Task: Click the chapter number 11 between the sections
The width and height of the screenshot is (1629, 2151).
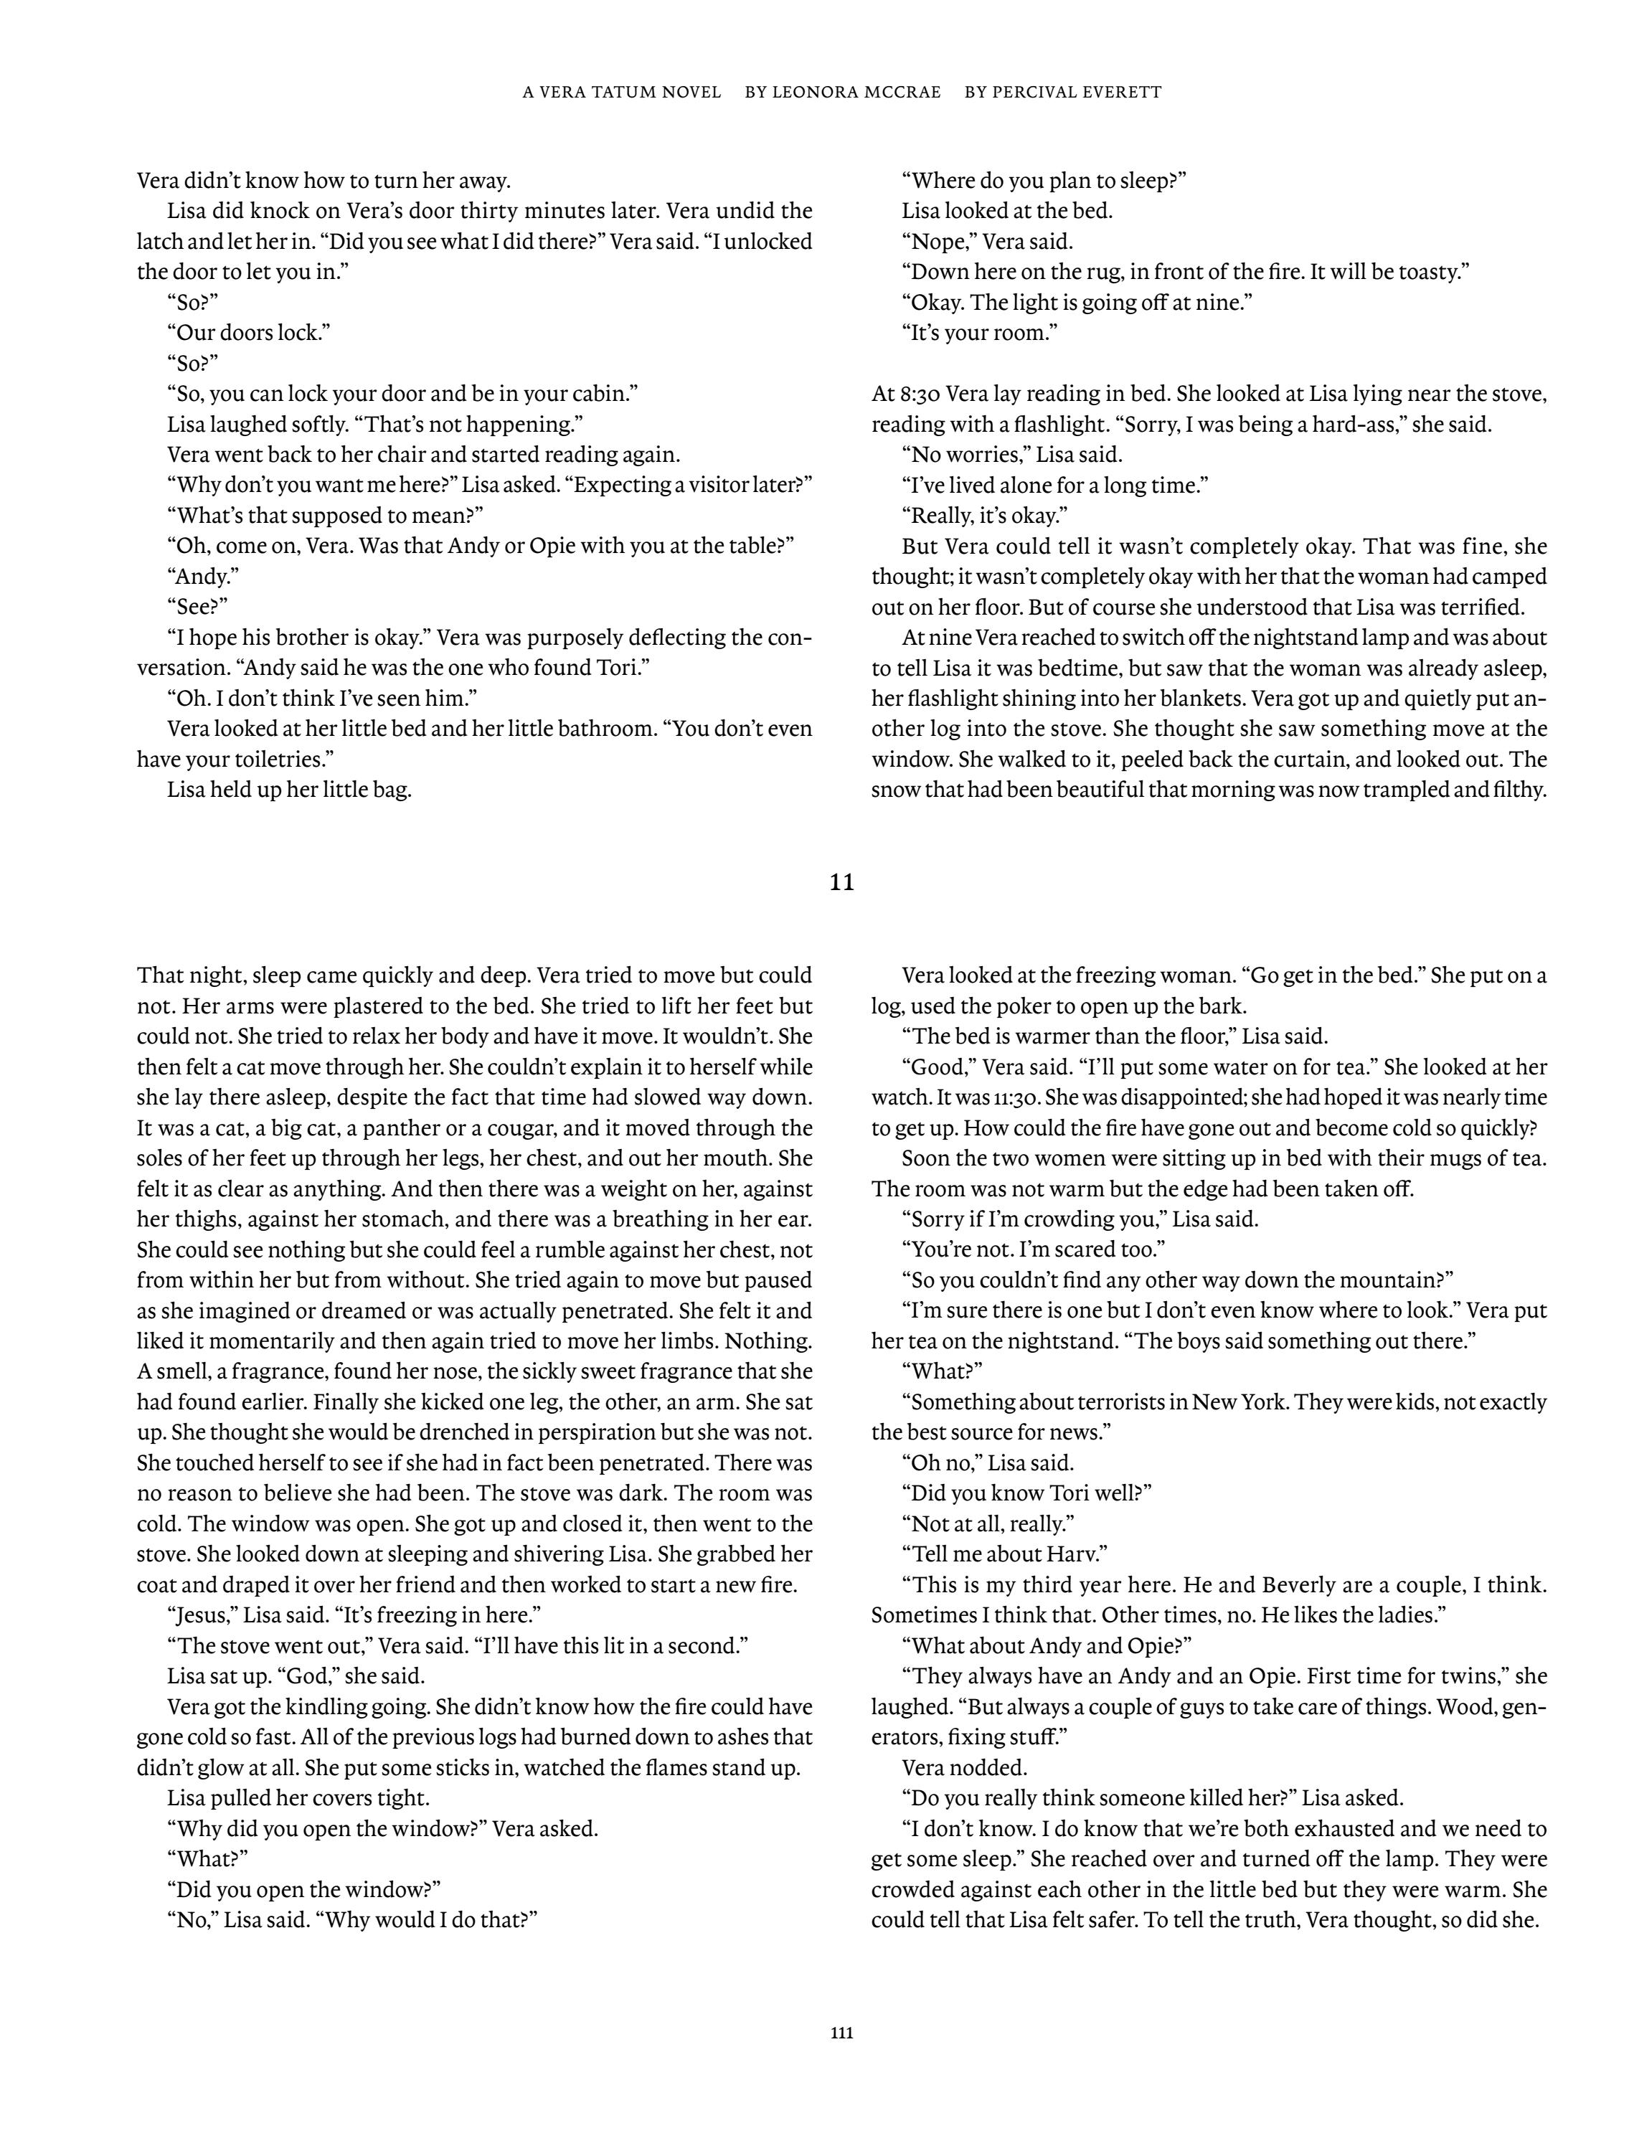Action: [842, 883]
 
